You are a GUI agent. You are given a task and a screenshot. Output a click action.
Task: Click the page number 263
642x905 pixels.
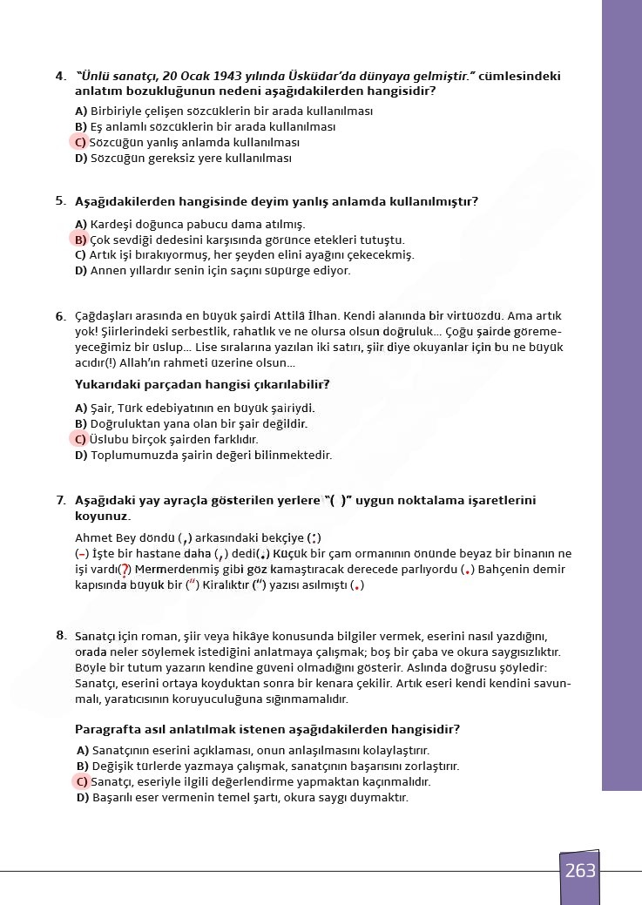580,870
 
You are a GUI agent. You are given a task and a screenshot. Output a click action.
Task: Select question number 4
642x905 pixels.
59,77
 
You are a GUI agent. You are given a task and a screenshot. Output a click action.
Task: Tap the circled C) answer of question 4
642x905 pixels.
80,143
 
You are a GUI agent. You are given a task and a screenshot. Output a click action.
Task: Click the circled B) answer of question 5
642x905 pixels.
80,240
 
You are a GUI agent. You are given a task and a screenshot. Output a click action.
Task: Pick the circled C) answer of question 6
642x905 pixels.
80,440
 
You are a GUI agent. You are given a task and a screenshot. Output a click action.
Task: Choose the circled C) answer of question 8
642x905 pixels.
83,782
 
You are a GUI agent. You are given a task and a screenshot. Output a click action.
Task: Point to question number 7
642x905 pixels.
60,501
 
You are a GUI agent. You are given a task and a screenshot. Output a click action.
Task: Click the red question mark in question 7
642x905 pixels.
125,570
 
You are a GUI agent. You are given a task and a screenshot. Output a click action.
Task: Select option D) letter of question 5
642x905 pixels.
81,271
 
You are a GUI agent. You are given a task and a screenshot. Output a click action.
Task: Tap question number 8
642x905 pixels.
61,636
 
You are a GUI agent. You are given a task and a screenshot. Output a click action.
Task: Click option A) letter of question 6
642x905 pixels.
81,409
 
